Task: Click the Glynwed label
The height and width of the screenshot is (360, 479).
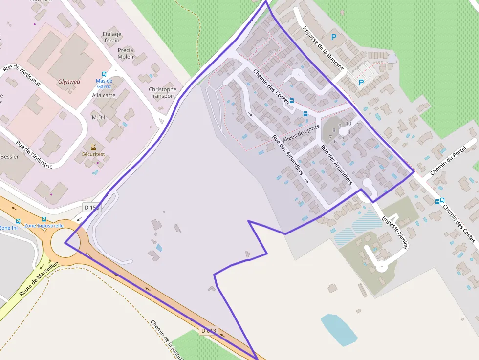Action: click(69, 82)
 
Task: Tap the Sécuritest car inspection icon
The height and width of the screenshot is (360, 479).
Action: click(93, 147)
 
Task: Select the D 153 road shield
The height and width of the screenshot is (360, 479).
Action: click(91, 207)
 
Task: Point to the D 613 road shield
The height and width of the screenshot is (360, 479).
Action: click(209, 331)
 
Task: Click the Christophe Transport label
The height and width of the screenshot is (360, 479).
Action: click(162, 92)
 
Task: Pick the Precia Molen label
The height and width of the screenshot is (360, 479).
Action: click(125, 53)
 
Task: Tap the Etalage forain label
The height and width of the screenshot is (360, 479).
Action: click(112, 37)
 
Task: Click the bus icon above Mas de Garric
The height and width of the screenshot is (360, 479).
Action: click(104, 74)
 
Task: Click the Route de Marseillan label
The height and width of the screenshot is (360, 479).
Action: click(39, 280)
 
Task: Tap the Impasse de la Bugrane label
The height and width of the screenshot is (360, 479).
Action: click(323, 47)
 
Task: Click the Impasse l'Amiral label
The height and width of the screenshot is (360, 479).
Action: click(394, 233)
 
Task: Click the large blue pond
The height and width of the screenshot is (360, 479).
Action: click(339, 329)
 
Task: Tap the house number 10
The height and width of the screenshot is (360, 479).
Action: click(348, 124)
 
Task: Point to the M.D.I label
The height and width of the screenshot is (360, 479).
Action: click(99, 117)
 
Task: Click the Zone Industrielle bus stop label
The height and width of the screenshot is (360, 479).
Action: click(44, 226)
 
